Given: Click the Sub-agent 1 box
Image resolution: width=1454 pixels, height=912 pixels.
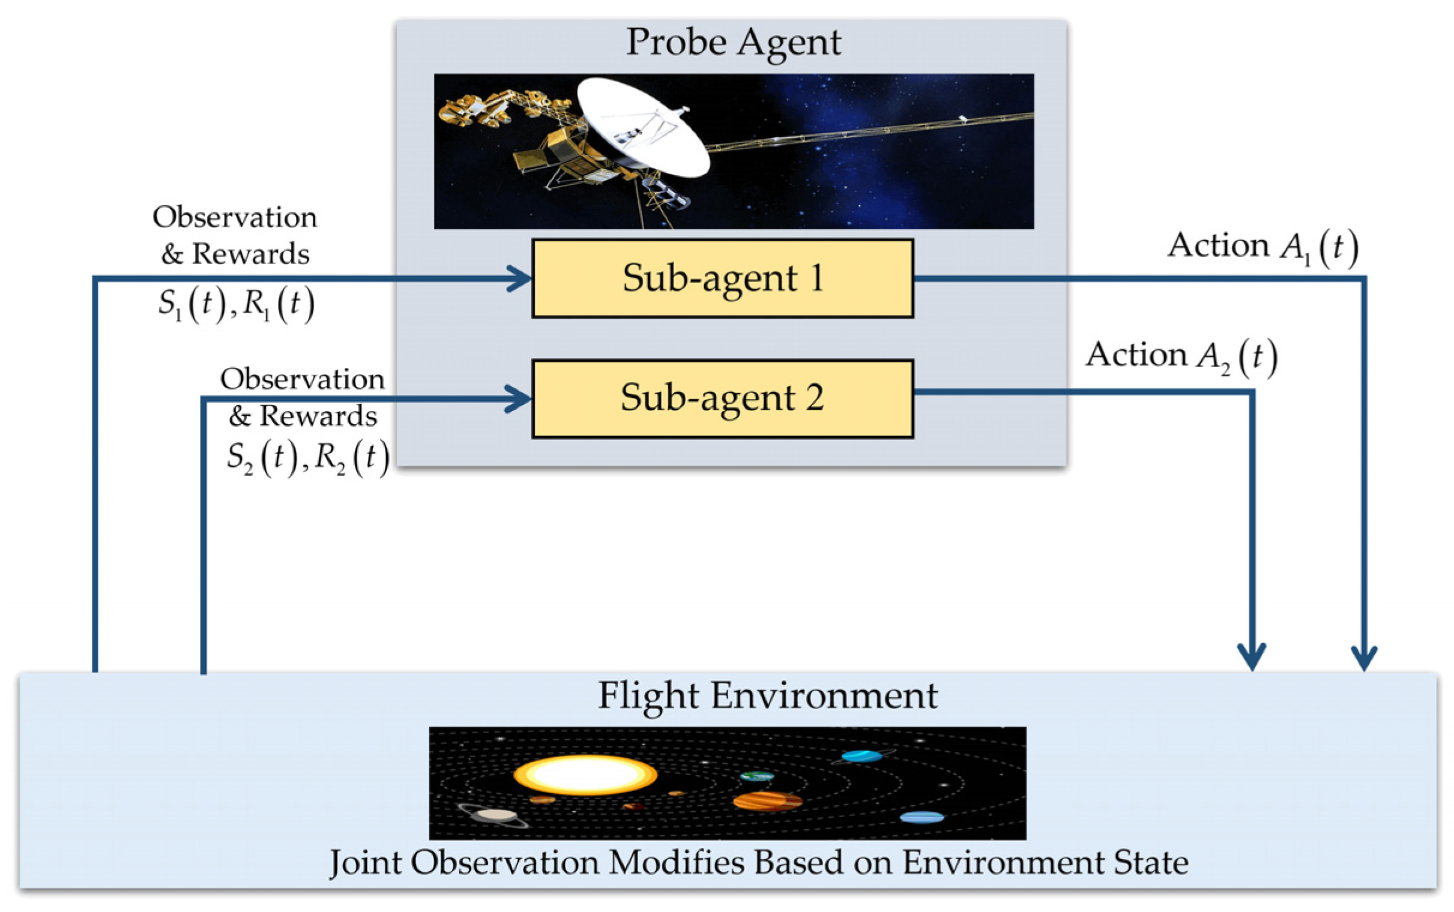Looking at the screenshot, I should point(722,278).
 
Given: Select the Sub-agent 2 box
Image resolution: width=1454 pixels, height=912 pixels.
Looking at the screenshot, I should point(722,398).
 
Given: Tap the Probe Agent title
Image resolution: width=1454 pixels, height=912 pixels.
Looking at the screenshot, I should point(733,42).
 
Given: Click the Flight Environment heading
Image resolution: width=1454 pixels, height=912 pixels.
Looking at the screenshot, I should point(767,695).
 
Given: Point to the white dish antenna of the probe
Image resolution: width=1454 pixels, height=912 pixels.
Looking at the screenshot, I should point(643,127).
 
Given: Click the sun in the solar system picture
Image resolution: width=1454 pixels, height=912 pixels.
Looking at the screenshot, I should point(585,775).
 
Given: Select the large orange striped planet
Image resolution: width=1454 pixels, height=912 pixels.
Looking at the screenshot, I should point(767,802).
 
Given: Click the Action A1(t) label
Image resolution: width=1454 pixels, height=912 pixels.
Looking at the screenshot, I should point(1262,247).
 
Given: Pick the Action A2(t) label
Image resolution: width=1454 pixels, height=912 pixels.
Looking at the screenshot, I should point(1181,356).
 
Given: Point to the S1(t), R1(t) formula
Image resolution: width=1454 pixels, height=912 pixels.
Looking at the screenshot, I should point(236,304).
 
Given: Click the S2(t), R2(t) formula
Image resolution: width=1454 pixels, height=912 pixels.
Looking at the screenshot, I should point(307,458).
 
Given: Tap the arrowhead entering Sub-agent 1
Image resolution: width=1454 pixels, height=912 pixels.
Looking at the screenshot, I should point(520,278).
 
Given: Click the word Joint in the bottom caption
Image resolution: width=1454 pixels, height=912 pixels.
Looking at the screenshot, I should point(366,863).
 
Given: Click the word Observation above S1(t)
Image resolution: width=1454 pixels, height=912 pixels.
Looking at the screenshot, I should point(235,217).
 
